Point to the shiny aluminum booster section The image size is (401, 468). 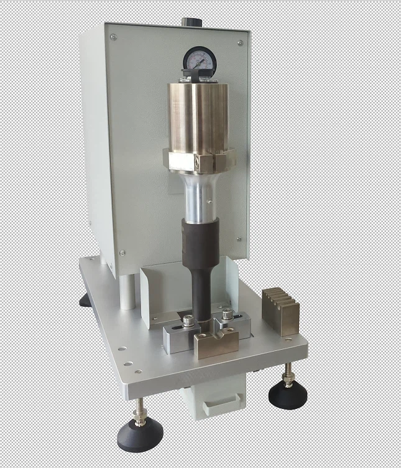(200, 195)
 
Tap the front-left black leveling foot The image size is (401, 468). (140, 432)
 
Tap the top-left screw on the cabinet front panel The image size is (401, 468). (113, 37)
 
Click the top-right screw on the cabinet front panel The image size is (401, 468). (240, 43)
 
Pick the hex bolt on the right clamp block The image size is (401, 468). (228, 315)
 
